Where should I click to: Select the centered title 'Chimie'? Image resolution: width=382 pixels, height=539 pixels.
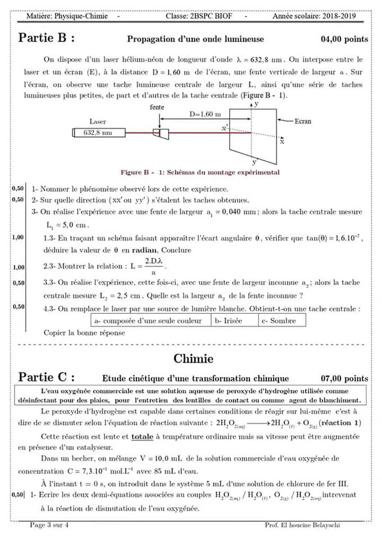pos(193,358)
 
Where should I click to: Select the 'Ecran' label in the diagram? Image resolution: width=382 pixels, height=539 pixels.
pos(318,121)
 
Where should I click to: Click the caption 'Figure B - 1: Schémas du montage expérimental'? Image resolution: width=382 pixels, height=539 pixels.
pos(199,172)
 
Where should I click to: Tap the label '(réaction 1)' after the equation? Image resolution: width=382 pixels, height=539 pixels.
pos(342,423)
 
